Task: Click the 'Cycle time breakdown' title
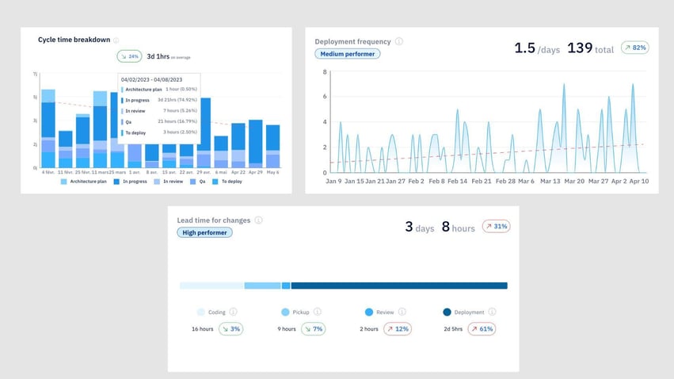coord(74,40)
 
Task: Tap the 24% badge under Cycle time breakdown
coord(129,56)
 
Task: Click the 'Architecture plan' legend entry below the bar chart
coord(86,182)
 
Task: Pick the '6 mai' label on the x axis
coord(221,172)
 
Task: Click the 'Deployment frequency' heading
coord(352,41)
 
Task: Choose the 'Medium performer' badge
coord(348,54)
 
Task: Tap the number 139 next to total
coord(580,48)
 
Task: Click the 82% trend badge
coord(634,48)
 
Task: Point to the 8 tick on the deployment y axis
coord(325,72)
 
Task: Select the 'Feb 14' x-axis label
coord(457,181)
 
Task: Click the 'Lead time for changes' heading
coord(213,220)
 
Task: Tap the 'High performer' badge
coord(204,232)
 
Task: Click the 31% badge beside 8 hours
coord(496,227)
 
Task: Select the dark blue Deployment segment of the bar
coord(398,285)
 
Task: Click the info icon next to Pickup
coord(318,312)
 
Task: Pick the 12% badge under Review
coord(398,328)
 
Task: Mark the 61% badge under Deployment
coord(482,328)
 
